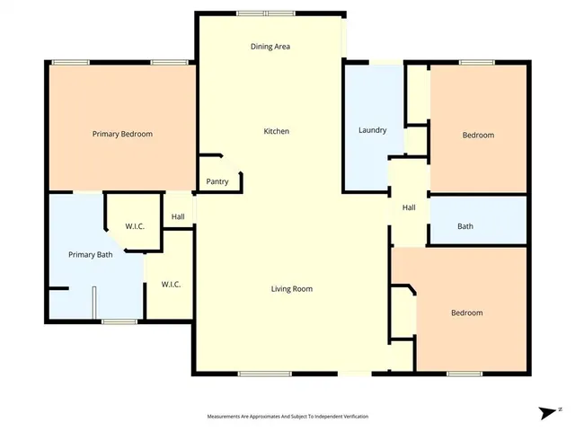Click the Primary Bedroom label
click(x=122, y=134)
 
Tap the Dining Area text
click(x=270, y=47)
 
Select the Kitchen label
click(x=276, y=131)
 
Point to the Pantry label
click(x=217, y=181)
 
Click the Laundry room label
click(x=372, y=130)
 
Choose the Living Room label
click(x=292, y=288)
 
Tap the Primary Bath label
click(x=91, y=255)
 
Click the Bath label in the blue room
click(x=465, y=226)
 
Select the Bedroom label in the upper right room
click(x=478, y=135)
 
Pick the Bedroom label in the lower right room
click(x=466, y=312)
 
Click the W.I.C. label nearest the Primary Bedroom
click(x=135, y=225)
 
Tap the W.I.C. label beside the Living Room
click(x=171, y=285)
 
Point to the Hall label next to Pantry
click(x=178, y=216)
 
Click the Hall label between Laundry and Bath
click(x=409, y=207)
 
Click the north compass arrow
click(x=546, y=413)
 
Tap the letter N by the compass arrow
click(x=560, y=409)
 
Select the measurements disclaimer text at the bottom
click(x=287, y=417)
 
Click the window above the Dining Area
click(x=266, y=13)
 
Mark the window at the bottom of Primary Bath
click(x=119, y=321)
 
